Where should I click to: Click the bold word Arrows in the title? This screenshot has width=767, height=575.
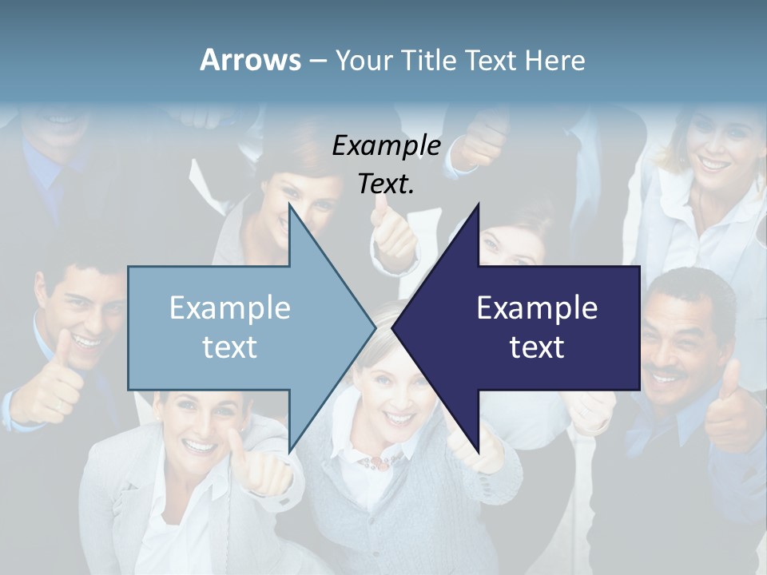[250, 60]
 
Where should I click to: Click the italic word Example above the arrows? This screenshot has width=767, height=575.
[386, 145]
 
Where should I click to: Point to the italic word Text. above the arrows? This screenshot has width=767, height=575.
[386, 184]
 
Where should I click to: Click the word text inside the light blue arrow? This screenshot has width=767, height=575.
[229, 347]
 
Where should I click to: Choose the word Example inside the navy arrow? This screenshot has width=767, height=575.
[537, 307]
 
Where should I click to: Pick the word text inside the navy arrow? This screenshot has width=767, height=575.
[537, 347]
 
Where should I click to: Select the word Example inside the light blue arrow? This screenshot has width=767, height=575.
[229, 307]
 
